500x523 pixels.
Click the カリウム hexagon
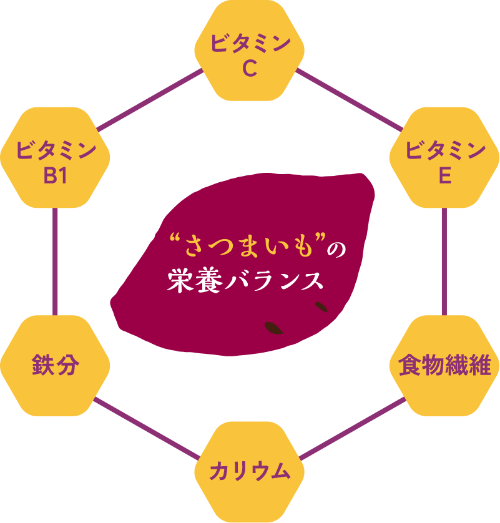pos(250,471)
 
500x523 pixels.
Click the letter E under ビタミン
pos(444,176)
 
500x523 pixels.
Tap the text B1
pos(55,176)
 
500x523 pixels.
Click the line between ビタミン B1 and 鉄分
pos(56,262)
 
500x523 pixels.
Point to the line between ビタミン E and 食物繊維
pos(444,262)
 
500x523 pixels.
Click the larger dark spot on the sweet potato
pos(273,327)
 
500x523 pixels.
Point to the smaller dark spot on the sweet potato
pos(321,306)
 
